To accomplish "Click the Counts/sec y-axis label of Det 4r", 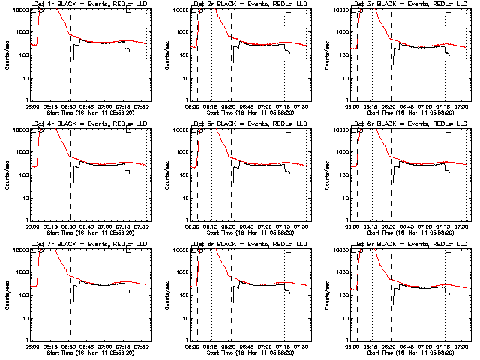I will point(7,175).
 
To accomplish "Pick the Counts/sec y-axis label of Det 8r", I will point(167,295).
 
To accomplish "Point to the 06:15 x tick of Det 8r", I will point(211,346).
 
